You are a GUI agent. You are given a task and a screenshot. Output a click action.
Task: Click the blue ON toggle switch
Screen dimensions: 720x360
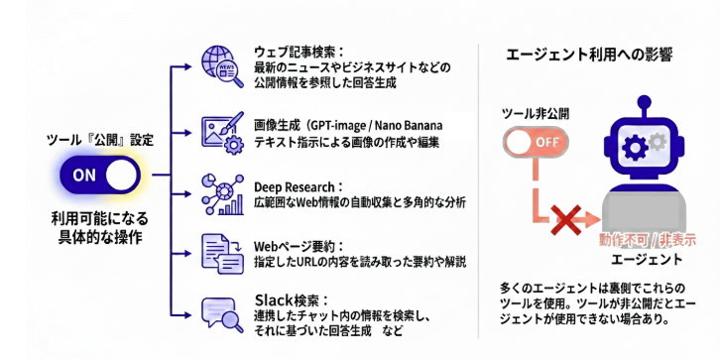coord(99,175)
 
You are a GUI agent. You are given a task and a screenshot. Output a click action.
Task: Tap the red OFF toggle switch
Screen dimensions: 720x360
coord(536,142)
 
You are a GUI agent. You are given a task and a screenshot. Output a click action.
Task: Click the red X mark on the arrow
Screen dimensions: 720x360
coord(567,221)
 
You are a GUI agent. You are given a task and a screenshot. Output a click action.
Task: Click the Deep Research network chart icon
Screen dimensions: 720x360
coord(223,194)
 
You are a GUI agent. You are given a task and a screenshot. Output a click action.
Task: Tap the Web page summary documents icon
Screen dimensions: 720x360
coord(223,254)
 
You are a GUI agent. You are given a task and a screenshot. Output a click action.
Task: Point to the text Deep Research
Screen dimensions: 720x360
coord(295,187)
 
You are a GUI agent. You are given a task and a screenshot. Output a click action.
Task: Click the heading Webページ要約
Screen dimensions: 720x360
coord(296,247)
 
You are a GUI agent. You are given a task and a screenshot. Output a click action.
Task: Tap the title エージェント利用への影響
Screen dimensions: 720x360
coord(589,55)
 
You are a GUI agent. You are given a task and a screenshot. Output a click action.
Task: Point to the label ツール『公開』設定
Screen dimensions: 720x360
coord(100,141)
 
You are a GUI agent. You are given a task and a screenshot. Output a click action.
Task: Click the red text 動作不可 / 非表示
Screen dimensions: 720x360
coord(648,240)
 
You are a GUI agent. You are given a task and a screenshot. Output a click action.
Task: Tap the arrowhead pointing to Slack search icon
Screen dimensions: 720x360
coord(188,315)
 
